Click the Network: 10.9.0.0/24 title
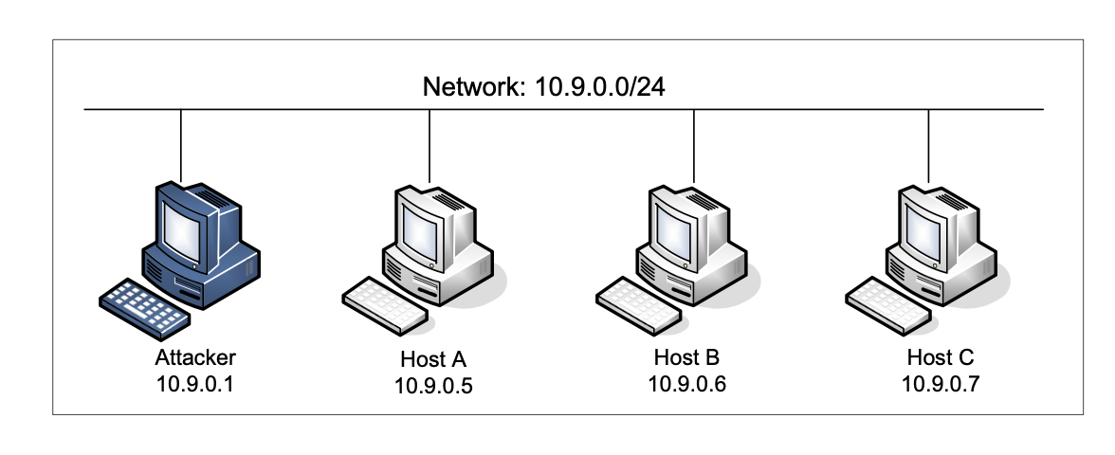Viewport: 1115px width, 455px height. tap(549, 88)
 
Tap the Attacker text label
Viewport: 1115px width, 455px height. tap(194, 357)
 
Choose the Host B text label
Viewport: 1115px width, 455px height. tap(686, 357)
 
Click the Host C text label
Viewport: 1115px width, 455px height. tap(940, 357)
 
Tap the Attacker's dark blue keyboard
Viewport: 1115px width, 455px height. tap(142, 303)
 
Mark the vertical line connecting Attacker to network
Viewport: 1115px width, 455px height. tap(181, 142)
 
